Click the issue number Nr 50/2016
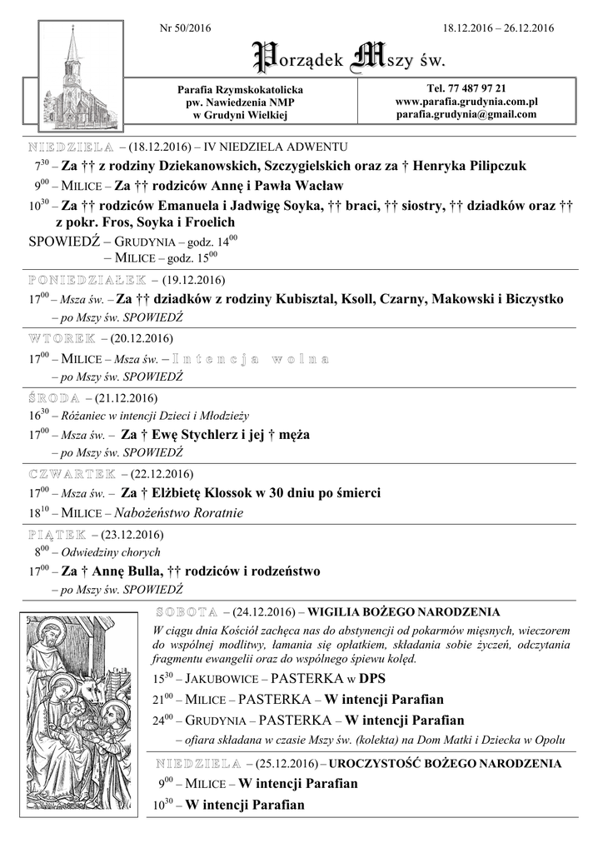(x=185, y=29)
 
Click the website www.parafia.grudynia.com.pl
(x=466, y=102)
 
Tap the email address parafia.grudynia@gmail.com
(x=466, y=114)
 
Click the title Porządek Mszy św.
(x=349, y=58)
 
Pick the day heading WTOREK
(x=62, y=339)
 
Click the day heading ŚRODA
(x=54, y=398)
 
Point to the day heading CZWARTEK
(x=72, y=474)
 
